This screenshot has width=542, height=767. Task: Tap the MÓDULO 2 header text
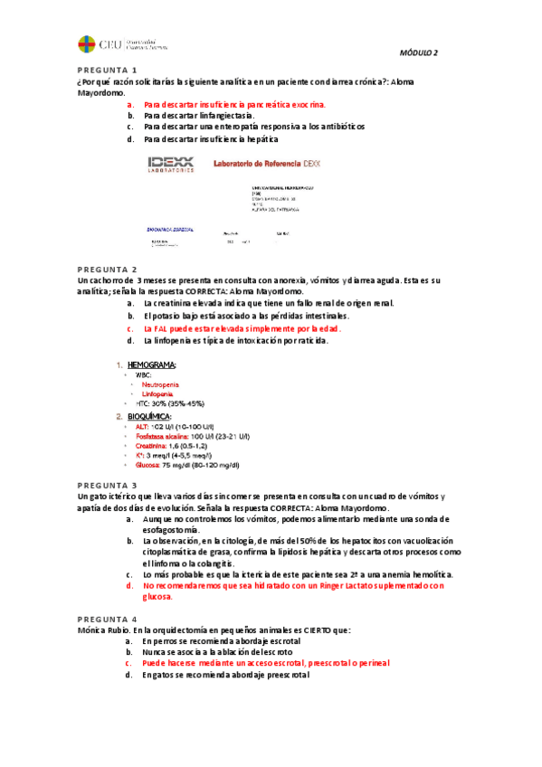click(419, 52)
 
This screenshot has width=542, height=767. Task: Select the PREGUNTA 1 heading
click(107, 71)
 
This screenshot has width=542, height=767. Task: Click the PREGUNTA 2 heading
click(107, 270)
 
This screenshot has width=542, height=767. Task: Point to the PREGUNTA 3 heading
click(107, 486)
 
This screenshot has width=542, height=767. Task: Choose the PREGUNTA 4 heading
click(107, 618)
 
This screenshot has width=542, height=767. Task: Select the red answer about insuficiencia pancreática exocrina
click(233, 105)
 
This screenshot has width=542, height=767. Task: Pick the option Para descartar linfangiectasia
click(198, 116)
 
